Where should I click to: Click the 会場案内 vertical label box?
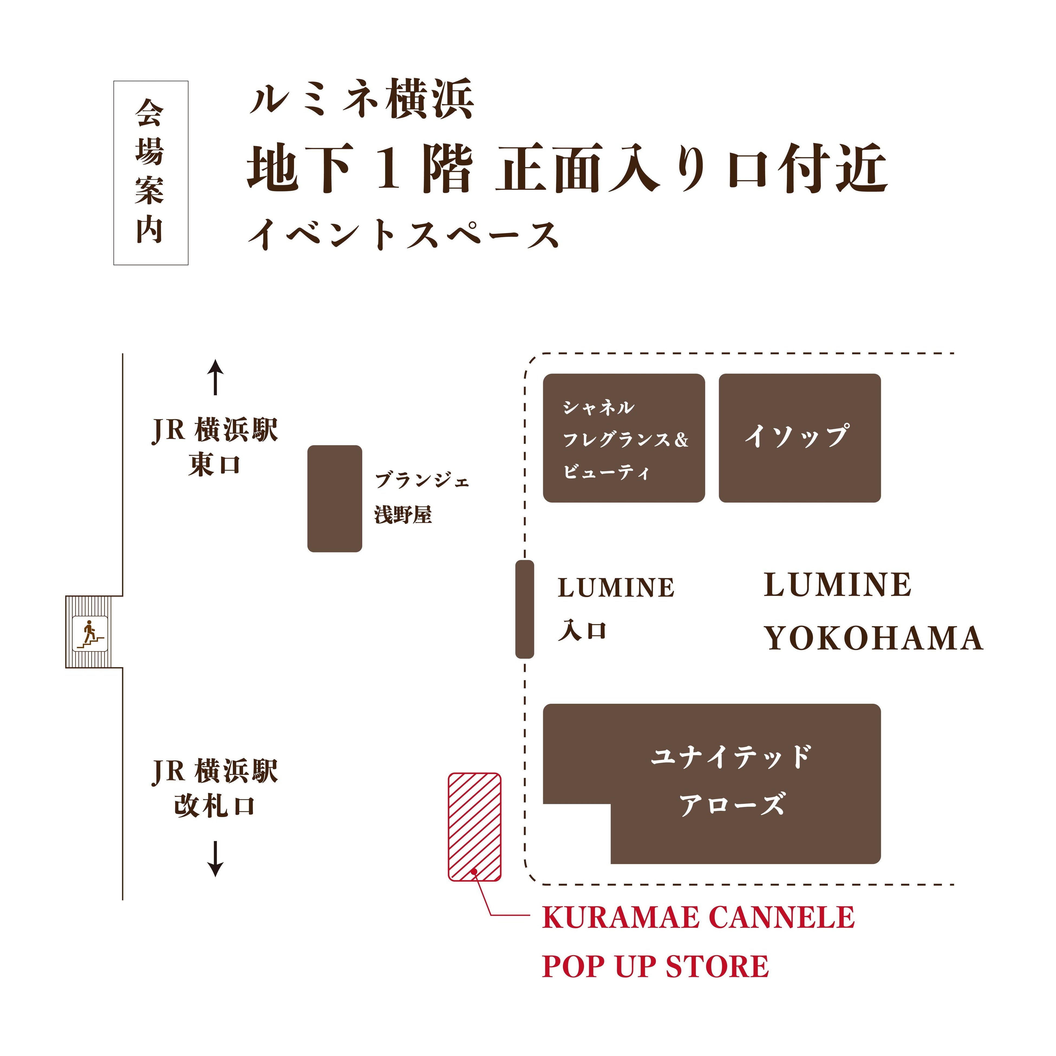pos(151,173)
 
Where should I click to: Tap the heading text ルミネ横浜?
pos(361,99)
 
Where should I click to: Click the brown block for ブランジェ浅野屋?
pos(334,498)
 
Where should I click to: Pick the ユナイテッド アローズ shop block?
pos(732,782)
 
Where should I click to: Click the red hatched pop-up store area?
pos(474,820)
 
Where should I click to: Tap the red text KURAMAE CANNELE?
pos(698,918)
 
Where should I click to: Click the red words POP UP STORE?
pos(655,966)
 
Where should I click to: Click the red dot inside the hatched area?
pos(474,871)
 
